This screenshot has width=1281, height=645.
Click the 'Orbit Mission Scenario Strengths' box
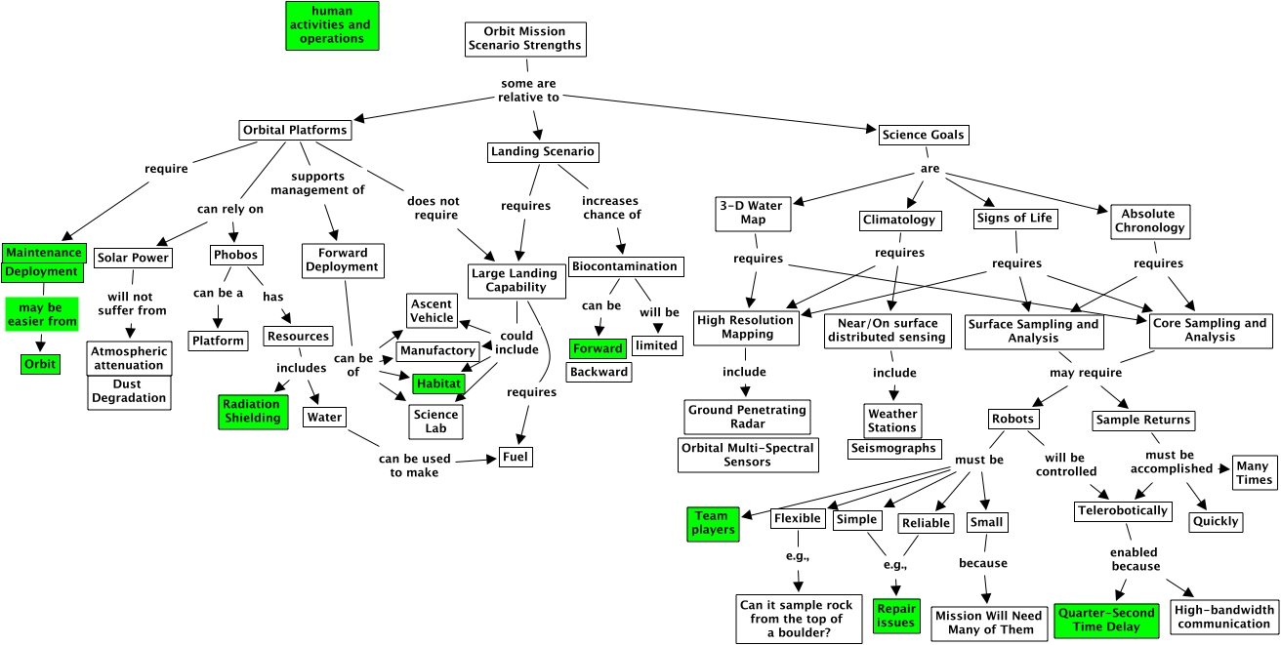pos(525,38)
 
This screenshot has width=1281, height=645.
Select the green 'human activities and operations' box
pos(332,25)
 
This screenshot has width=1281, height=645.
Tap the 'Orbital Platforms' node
pos(294,130)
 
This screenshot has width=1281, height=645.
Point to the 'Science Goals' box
pos(924,135)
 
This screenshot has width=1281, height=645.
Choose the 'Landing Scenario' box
pos(542,152)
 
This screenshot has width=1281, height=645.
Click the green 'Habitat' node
pos(437,383)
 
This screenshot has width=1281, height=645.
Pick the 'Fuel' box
pos(517,457)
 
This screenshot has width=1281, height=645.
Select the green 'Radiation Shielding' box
pos(251,411)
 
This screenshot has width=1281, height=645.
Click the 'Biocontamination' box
pos(624,266)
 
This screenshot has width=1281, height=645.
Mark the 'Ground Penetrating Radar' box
pos(747,417)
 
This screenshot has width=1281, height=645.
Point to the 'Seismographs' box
pos(892,449)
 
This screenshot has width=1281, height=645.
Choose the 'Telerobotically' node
pos(1122,510)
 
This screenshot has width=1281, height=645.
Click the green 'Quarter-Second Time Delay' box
pos(1105,620)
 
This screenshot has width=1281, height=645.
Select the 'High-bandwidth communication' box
pos(1223,617)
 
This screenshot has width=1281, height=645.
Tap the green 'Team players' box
pos(712,523)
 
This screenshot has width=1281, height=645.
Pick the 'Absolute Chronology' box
pos(1148,221)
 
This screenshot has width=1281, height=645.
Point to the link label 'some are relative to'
pos(528,91)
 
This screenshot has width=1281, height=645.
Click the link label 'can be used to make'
pos(408,465)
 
